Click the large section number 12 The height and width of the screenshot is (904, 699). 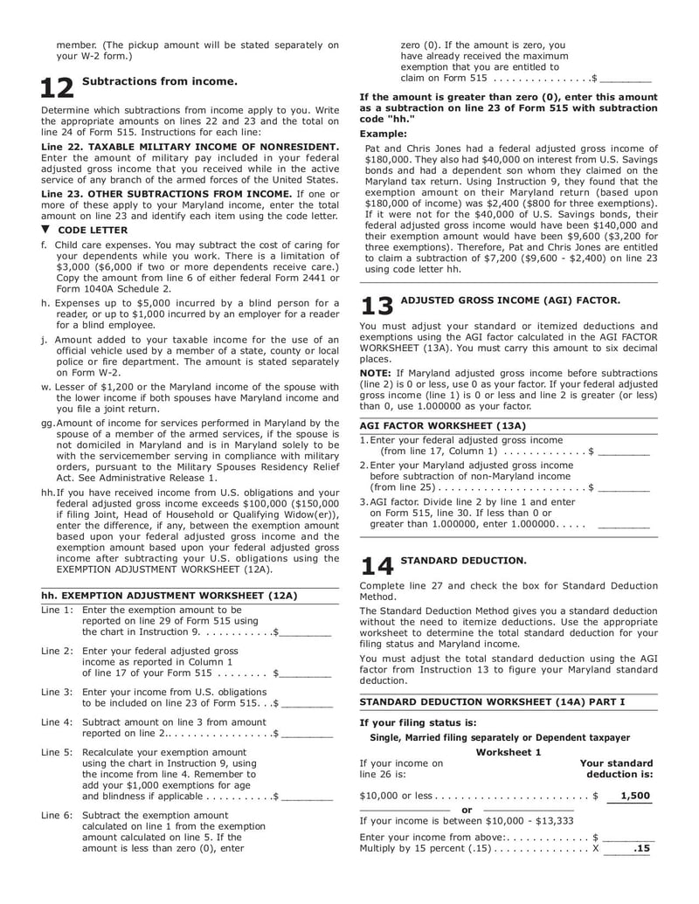click(x=58, y=89)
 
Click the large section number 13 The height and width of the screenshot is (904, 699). click(x=377, y=307)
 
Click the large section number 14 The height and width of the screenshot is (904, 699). click(x=377, y=566)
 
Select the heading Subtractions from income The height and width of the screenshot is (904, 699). click(x=159, y=81)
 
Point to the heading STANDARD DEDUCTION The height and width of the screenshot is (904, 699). click(x=463, y=560)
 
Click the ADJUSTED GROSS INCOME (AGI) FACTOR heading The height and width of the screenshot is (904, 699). click(x=510, y=300)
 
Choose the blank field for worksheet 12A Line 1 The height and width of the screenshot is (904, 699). click(x=305, y=631)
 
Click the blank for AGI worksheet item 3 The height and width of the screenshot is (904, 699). click(x=624, y=526)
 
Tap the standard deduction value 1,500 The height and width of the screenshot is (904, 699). click(x=635, y=796)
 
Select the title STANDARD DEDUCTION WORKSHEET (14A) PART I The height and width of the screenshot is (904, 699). click(x=493, y=701)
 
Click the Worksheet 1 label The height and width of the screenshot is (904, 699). click(x=509, y=752)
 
